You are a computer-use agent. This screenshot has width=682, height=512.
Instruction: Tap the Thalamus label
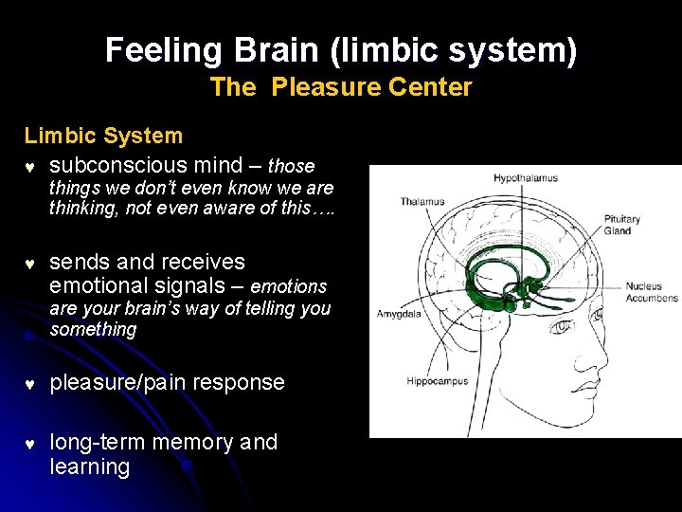(422, 201)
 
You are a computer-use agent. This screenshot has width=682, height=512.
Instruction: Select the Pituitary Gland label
(621, 225)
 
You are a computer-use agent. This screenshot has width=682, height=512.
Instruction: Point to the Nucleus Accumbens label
(651, 292)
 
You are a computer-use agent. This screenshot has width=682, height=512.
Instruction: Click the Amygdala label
(399, 314)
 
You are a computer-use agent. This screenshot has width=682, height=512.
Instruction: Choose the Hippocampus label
(439, 382)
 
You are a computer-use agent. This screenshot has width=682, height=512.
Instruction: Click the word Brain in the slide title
(272, 49)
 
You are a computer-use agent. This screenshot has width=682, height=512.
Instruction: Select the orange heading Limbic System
(103, 136)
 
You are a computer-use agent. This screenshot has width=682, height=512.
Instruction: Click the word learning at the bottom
(90, 467)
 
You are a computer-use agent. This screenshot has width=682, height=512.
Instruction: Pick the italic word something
(93, 329)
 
